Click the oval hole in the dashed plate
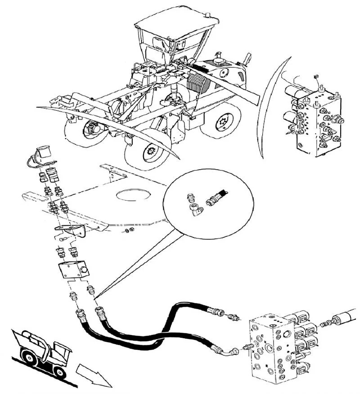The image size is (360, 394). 133,195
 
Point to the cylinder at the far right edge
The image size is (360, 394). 346,318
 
